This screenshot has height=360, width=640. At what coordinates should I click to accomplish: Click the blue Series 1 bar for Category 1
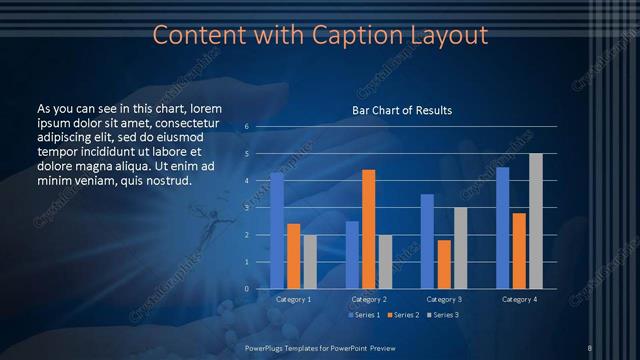click(x=277, y=231)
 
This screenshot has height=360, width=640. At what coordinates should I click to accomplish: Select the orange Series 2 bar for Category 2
click(x=368, y=229)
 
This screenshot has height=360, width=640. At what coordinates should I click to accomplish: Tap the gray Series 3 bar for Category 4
click(x=536, y=221)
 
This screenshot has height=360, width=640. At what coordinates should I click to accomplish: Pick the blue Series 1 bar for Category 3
click(x=427, y=241)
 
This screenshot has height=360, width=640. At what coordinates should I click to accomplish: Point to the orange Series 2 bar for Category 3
click(x=444, y=264)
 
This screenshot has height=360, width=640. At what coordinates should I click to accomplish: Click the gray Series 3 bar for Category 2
click(x=385, y=261)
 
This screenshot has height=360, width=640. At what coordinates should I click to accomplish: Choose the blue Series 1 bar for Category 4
click(x=502, y=228)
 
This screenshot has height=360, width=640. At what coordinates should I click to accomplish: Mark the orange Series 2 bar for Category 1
click(x=293, y=256)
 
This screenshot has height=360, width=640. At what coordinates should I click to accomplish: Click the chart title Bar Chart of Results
click(x=401, y=110)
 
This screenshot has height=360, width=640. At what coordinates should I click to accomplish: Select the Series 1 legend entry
click(x=366, y=315)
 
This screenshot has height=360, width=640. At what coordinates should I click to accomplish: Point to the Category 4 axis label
click(x=519, y=299)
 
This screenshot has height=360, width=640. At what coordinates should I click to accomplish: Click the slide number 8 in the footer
click(x=590, y=347)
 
